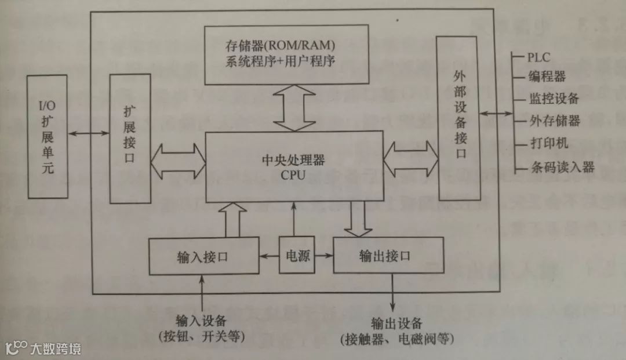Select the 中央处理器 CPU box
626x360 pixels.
(x=295, y=166)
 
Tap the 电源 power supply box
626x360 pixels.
(x=295, y=255)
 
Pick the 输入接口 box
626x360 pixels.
(x=203, y=256)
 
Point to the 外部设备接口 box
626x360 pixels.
(x=457, y=116)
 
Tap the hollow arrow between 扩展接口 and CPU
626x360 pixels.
(x=179, y=159)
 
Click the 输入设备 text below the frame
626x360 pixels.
(x=201, y=321)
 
